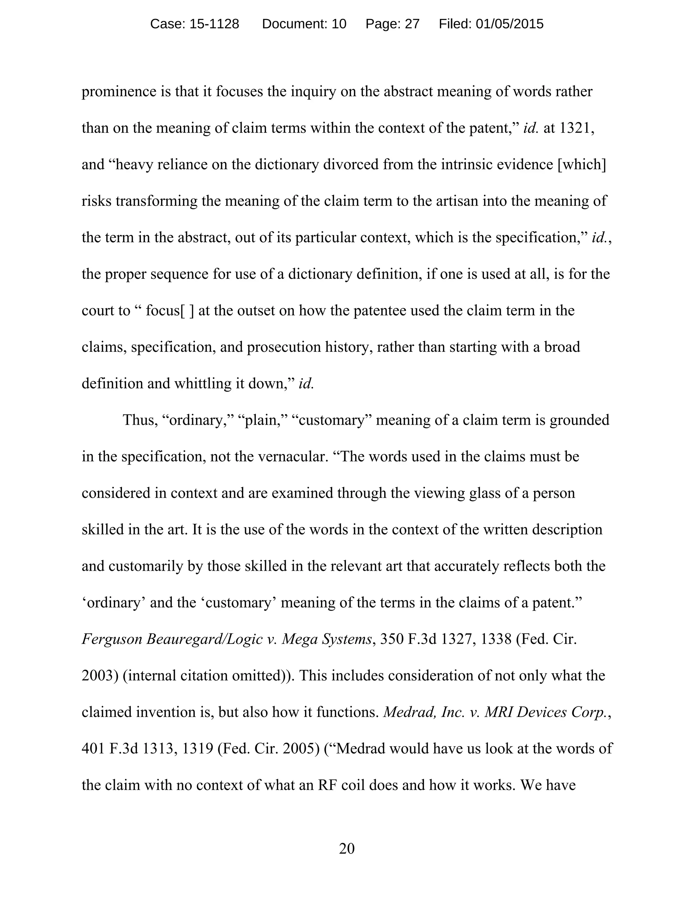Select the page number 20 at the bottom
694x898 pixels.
[347, 848]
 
